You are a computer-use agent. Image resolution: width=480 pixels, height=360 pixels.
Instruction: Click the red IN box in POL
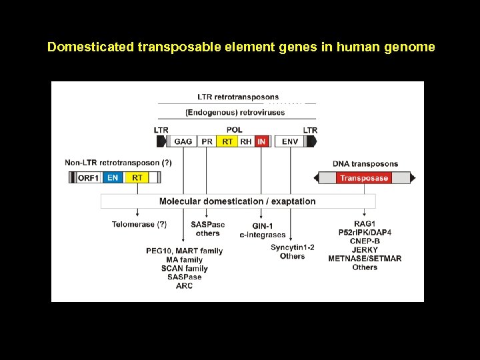(261, 141)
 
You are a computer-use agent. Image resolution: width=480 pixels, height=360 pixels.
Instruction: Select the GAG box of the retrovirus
(183, 141)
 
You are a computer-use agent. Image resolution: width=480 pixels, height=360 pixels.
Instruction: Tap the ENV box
(291, 141)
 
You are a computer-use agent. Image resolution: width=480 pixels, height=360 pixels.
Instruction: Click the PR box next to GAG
(207, 141)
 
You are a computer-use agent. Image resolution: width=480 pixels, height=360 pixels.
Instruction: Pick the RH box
(246, 141)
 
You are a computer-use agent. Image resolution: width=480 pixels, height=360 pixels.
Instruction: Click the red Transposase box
(363, 178)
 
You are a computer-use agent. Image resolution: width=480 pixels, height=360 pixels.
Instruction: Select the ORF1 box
(89, 177)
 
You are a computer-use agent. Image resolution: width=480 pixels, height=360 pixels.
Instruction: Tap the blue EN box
(113, 177)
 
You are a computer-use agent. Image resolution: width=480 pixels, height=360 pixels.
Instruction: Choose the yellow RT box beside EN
(137, 177)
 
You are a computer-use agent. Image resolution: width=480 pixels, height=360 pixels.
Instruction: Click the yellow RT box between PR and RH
(228, 141)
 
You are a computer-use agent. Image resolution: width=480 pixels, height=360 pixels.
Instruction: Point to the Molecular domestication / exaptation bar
(237, 201)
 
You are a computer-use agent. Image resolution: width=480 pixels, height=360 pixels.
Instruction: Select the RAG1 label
(365, 223)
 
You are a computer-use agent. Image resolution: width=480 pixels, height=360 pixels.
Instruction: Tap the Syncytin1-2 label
(293, 247)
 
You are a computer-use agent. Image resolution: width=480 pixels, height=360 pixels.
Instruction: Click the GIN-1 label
(263, 226)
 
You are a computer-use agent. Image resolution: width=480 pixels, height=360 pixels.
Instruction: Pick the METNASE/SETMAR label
(365, 259)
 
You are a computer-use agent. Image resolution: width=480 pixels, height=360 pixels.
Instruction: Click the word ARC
(185, 286)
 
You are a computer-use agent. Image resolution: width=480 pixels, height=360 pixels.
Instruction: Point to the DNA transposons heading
(365, 164)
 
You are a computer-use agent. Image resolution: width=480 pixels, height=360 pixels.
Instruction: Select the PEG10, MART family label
(185, 251)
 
